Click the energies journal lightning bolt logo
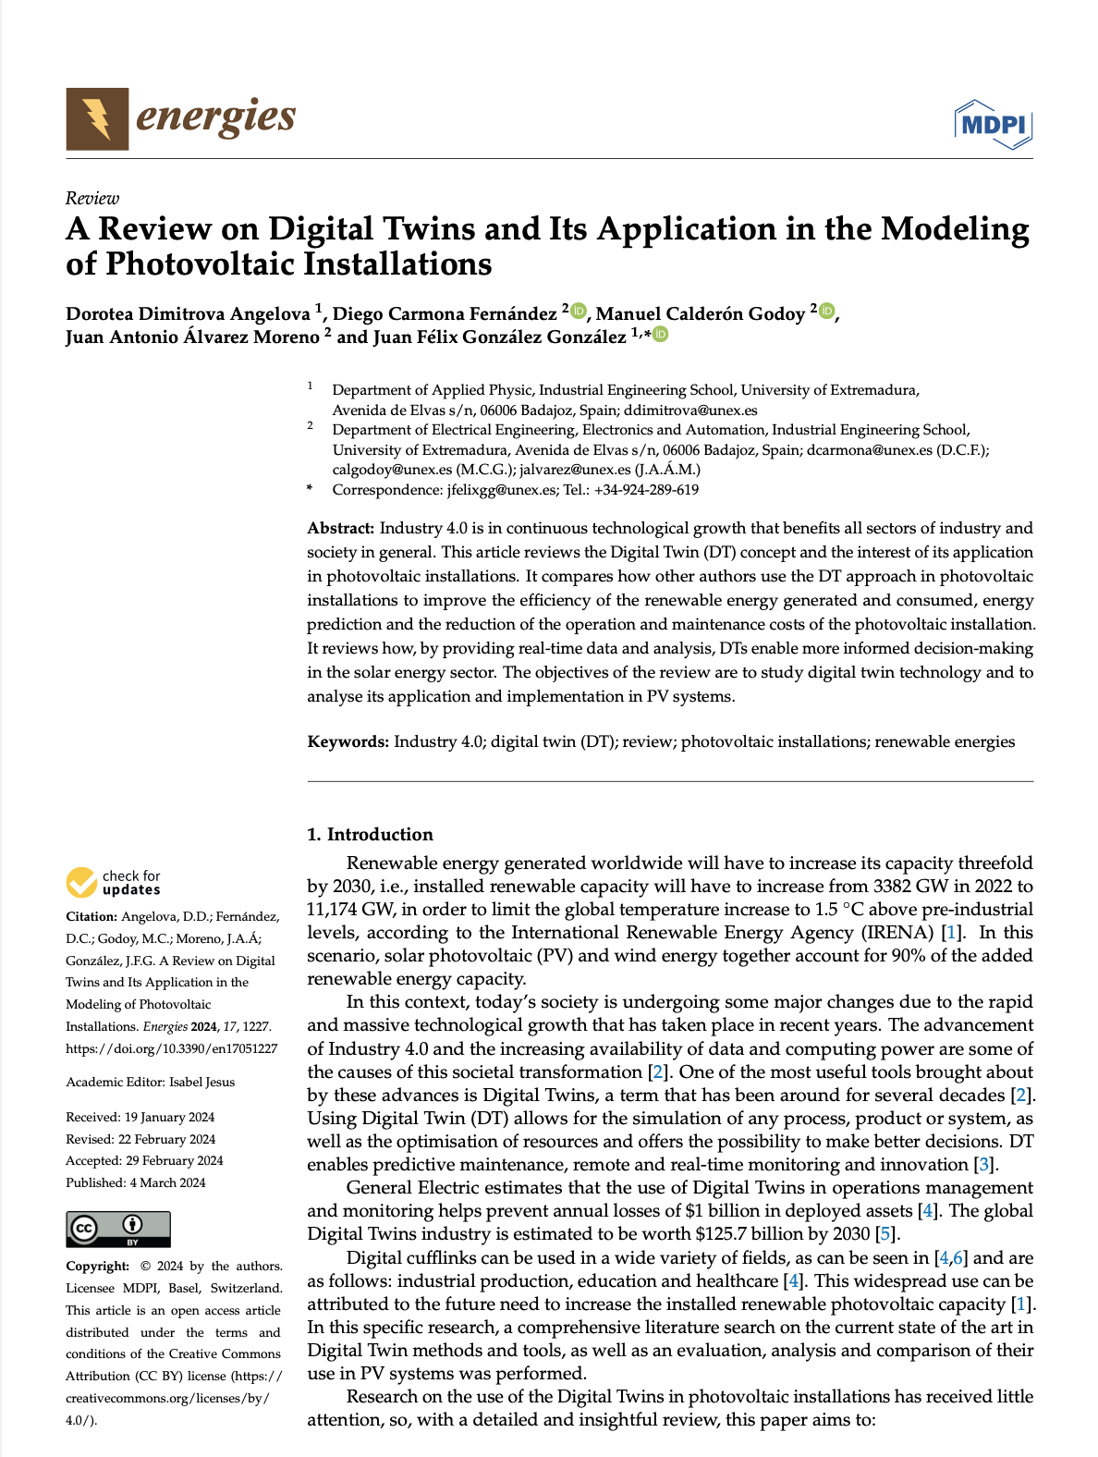coord(97,118)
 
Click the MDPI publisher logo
coord(993,124)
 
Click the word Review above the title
coord(92,198)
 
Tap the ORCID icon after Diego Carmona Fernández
coord(579,311)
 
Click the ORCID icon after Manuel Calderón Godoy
coord(827,311)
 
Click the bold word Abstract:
coord(340,528)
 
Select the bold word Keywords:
coord(348,741)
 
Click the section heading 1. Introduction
coord(370,834)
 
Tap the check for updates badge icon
coord(81,883)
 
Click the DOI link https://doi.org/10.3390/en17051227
coord(171,1048)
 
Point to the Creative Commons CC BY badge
coord(118,1229)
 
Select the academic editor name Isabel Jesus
coord(201,1082)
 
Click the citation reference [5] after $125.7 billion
coord(885,1234)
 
